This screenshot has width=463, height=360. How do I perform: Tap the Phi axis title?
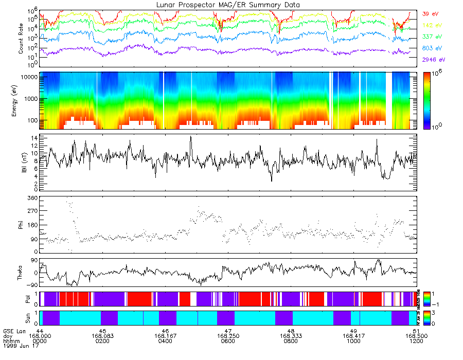tap(21, 225)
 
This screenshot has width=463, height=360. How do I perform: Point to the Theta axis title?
tap(21, 274)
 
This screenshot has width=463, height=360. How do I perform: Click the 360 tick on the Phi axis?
tap(33, 198)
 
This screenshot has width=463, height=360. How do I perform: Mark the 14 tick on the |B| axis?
tap(35, 138)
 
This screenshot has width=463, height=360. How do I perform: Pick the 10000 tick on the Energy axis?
tap(30, 77)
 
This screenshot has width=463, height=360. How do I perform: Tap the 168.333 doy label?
tap(291, 336)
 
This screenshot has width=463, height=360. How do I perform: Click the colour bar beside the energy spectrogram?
tap(430, 100)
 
